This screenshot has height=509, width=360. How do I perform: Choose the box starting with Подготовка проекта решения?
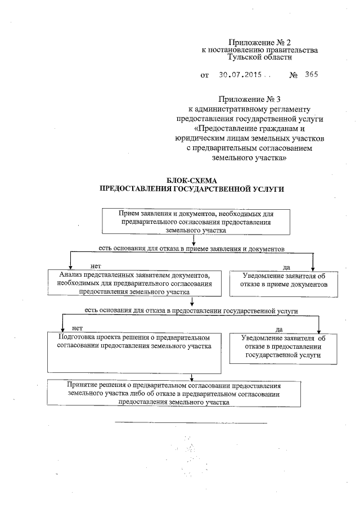(134, 352)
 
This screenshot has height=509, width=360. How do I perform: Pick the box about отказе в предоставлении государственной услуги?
(283, 346)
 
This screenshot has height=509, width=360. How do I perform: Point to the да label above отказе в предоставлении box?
(280, 328)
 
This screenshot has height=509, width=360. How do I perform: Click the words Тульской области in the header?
(251, 57)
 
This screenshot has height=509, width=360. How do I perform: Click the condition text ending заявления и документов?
(191, 247)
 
